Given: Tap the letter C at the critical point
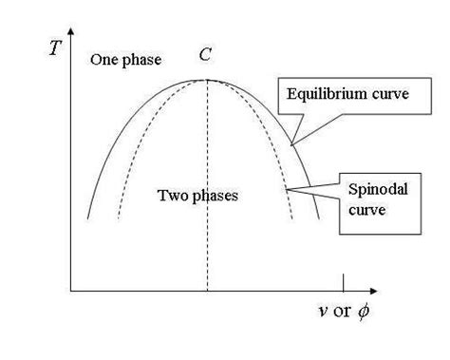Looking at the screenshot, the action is pos(205,55).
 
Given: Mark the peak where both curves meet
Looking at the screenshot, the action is pos(207,80).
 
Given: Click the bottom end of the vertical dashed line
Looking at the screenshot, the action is pos(207,288).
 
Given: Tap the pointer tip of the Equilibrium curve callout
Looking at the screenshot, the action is pos(291,143).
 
